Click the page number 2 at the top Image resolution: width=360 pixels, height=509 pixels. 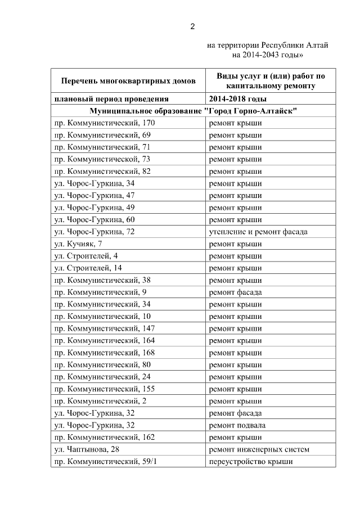[192, 26]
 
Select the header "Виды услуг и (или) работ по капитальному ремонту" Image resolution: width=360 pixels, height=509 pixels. [271, 80]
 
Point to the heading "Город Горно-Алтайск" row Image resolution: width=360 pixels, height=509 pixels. [193, 110]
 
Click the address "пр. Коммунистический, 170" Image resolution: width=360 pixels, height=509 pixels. [104, 123]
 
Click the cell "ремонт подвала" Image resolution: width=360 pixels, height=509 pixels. [237, 425]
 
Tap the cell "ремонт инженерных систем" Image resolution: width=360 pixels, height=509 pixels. [259, 449]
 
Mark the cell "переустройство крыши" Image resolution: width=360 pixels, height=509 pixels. [250, 462]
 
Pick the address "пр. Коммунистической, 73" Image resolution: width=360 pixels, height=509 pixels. [102, 159]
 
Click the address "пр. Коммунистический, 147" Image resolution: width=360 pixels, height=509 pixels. [104, 328]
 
